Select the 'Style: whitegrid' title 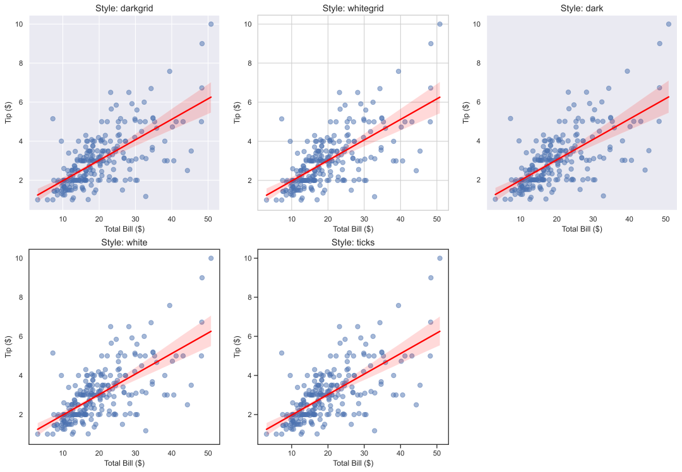click(353, 8)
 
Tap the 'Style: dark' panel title click(582, 8)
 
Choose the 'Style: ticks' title click(353, 242)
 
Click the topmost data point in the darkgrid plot click(211, 24)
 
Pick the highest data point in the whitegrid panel click(440, 24)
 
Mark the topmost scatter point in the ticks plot click(440, 258)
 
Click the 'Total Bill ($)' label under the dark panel click(582, 229)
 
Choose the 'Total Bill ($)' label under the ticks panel click(353, 463)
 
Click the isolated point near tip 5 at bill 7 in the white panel click(53, 353)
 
